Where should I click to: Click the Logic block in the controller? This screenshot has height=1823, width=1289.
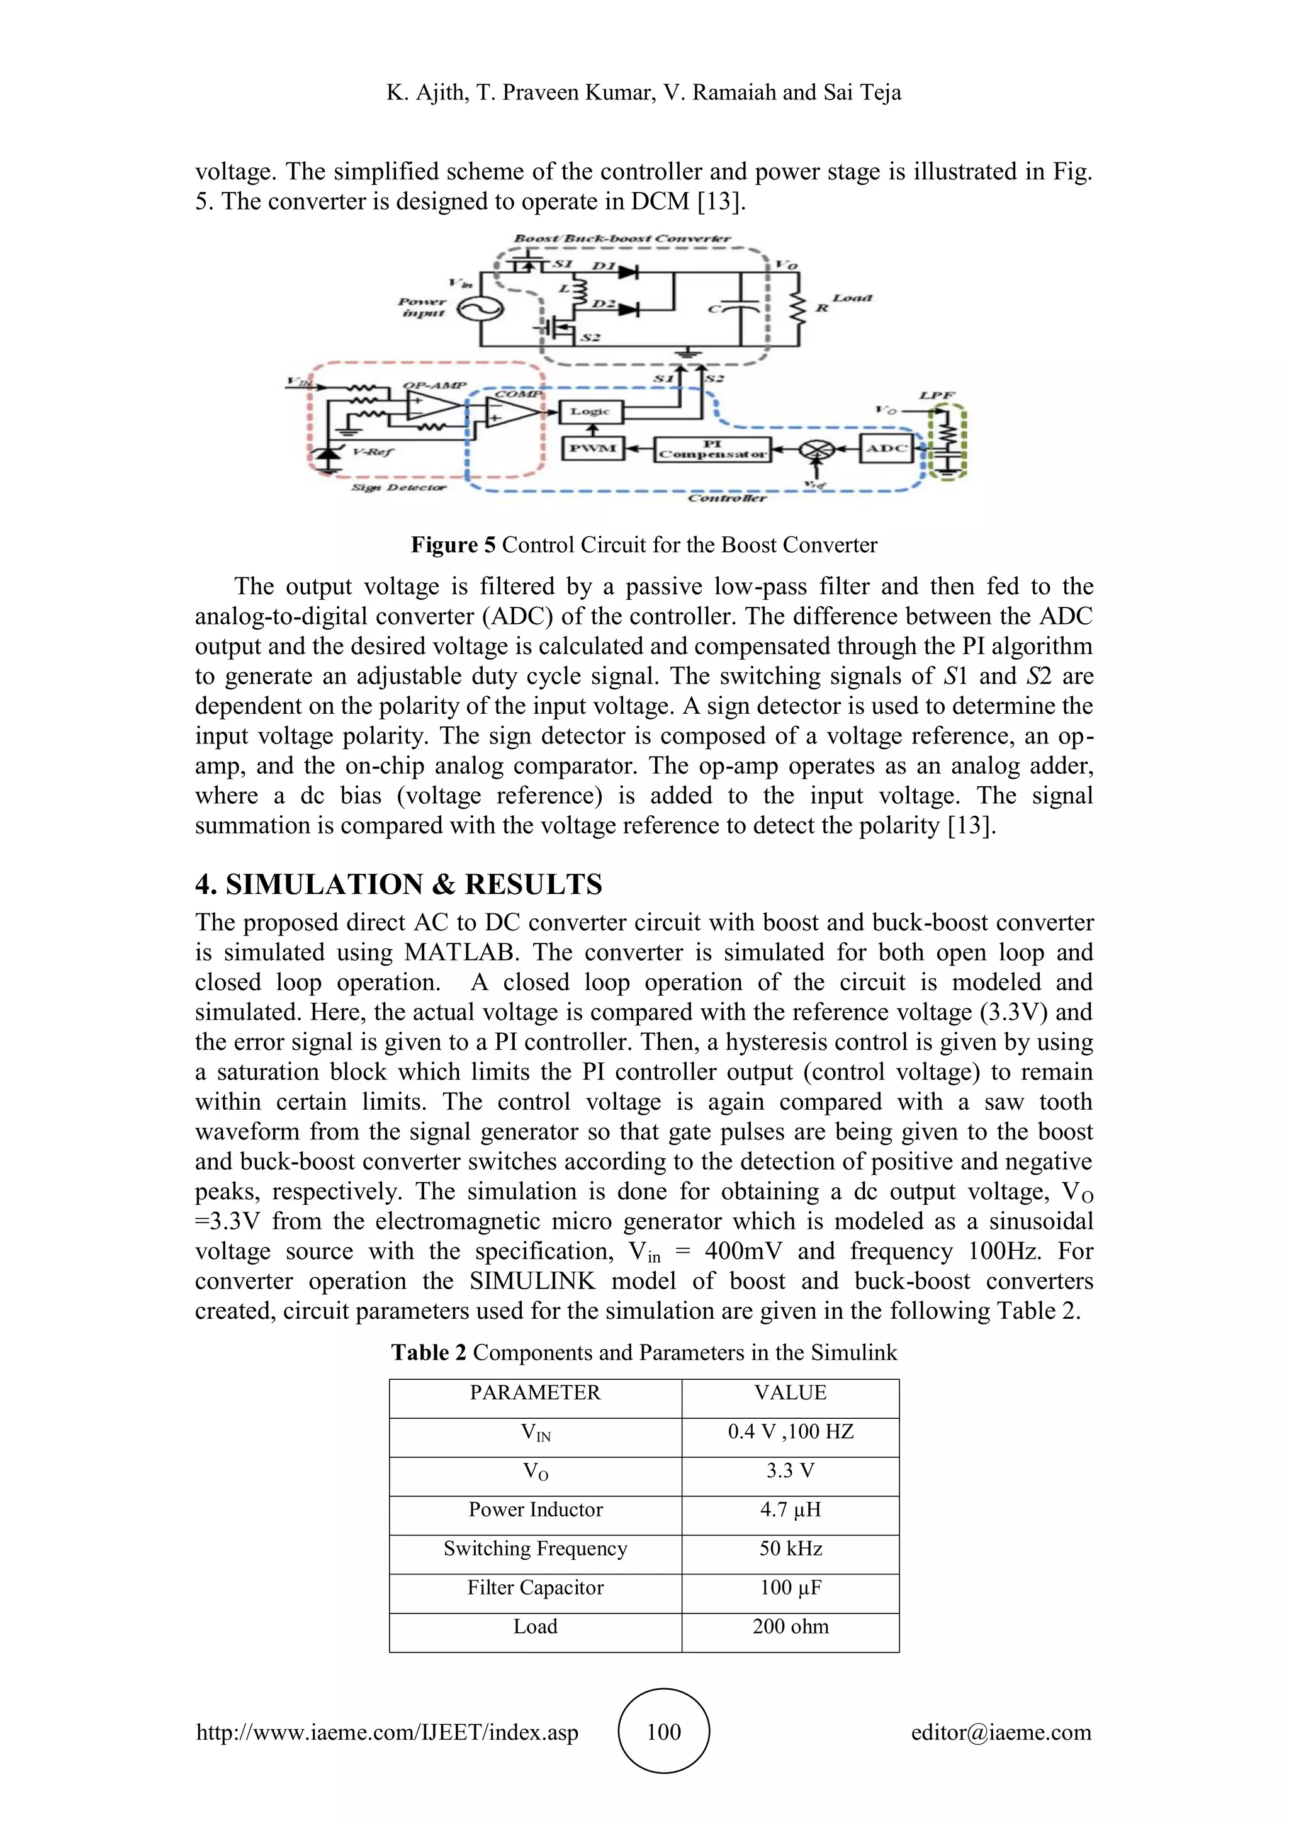point(592,411)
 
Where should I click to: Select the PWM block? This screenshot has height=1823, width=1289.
point(593,449)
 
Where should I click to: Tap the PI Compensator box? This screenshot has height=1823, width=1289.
point(712,449)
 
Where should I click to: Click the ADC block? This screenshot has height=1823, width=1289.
point(886,449)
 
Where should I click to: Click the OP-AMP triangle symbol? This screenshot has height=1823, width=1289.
point(431,407)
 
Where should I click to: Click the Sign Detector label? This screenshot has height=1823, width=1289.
point(399,487)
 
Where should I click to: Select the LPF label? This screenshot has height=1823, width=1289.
point(937,395)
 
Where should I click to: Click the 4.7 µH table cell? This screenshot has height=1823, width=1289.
point(790,1510)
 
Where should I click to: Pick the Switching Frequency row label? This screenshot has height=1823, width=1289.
point(535,1549)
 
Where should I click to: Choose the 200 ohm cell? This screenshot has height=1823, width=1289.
point(790,1626)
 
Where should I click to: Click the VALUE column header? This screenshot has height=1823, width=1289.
point(790,1392)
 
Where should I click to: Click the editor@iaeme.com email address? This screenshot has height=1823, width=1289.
point(1000,1732)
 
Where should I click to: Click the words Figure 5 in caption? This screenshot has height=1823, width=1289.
point(453,545)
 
